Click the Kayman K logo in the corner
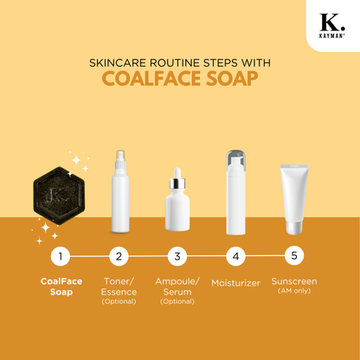point(332,25)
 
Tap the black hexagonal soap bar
point(59,196)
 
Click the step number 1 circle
point(61,256)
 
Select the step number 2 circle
point(119,256)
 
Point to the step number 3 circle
point(177,256)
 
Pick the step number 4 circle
point(236,256)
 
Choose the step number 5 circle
point(294,255)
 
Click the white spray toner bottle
point(120,191)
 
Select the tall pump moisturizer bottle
point(236,192)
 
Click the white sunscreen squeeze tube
point(294,199)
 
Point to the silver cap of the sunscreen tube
point(294,228)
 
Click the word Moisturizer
point(235,283)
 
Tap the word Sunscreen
point(294,281)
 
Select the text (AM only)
point(294,291)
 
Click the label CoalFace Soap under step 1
point(61,286)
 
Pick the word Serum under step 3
point(177,292)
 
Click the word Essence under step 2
point(119,292)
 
